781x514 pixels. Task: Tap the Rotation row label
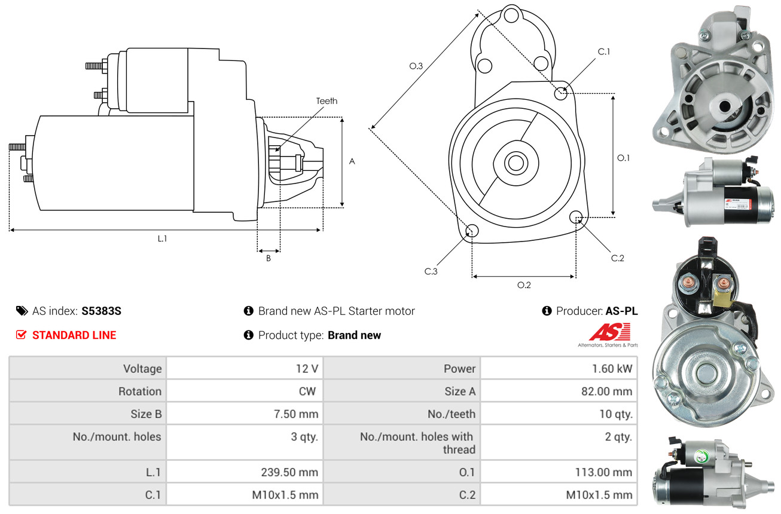point(139,391)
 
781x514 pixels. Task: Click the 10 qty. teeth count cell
point(615,414)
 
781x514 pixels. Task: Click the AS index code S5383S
point(102,311)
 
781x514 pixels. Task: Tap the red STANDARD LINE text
point(74,335)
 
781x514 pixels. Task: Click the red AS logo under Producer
point(609,333)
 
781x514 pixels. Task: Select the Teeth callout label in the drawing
point(327,101)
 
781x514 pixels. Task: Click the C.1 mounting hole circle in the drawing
point(561,93)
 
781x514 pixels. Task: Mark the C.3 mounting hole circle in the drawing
point(472,231)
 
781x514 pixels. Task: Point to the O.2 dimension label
point(524,285)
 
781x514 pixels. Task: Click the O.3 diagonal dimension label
point(416,66)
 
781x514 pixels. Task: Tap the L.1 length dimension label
point(162,238)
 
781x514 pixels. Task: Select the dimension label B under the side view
point(268,258)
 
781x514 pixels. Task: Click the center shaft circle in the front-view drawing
point(514,162)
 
